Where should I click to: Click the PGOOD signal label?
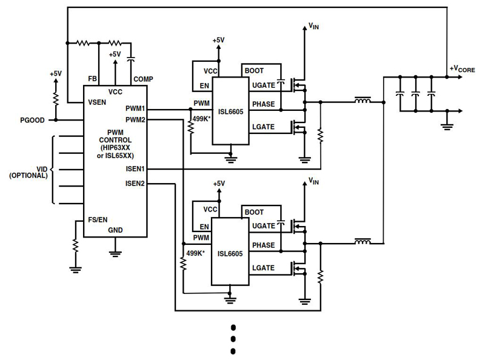(31, 120)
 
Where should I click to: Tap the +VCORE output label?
(462, 68)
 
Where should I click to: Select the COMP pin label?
(143, 79)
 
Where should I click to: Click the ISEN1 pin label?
(135, 168)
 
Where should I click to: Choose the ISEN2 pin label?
(135, 182)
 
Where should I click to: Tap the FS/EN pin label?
(99, 219)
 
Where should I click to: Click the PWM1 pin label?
(135, 108)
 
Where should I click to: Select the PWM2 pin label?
(135, 120)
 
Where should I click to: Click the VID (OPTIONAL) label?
(28, 172)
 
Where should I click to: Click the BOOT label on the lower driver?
(253, 212)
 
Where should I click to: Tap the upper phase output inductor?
(363, 101)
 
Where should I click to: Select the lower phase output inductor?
(363, 242)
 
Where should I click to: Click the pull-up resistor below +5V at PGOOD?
(55, 97)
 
